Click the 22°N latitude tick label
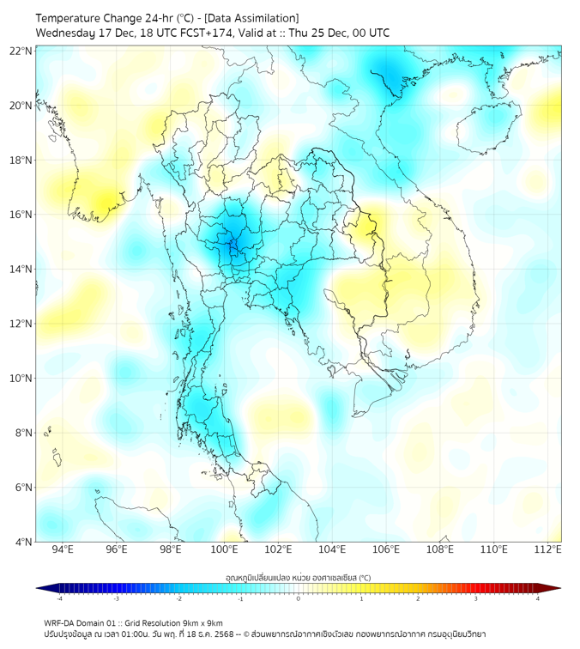pos(21,51)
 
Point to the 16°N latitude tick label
pos(21,215)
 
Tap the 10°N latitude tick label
pos(21,379)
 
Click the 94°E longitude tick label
pos(63,549)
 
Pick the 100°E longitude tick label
pos(224,549)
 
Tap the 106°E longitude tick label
pos(386,549)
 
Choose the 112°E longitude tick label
pos(547,549)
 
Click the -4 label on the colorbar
pos(59,598)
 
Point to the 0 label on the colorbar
pos(299,598)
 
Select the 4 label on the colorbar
pos(538,598)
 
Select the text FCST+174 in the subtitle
pos(201,33)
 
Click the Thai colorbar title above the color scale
pos(298,578)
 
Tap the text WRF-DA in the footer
pos(59,622)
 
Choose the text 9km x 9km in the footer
pos(202,622)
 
